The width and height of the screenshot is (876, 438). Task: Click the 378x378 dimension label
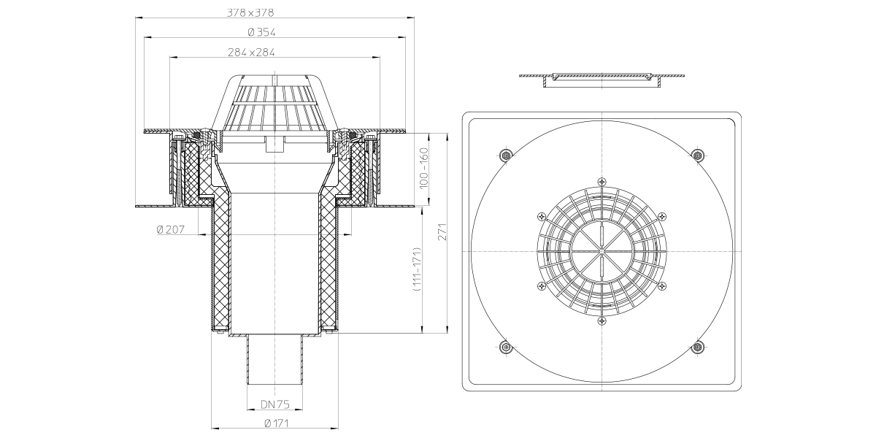tap(250, 13)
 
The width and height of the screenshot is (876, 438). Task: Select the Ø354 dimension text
tap(261, 32)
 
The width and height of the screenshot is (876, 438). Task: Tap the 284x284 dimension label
tap(251, 53)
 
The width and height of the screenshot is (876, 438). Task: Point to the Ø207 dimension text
tap(171, 229)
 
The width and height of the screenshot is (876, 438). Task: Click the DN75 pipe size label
tap(275, 404)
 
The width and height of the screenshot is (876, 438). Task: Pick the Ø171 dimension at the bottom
tap(277, 423)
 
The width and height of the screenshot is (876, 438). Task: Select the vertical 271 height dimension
tap(442, 231)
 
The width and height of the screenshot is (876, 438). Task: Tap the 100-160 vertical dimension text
tap(424, 168)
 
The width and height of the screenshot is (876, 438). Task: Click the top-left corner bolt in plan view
tap(506, 155)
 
